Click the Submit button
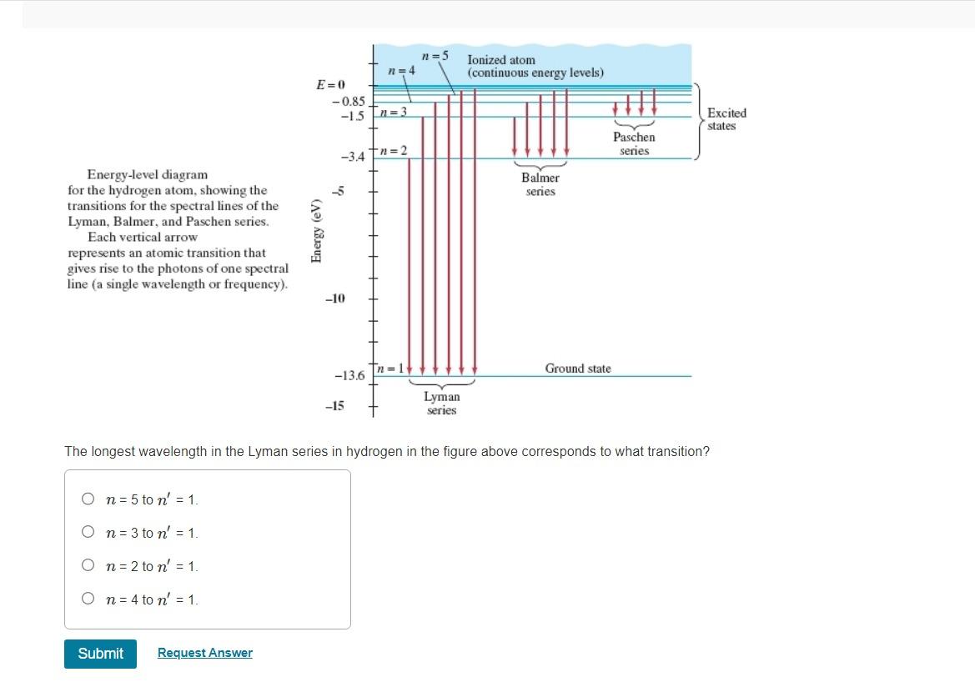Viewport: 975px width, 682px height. (100, 654)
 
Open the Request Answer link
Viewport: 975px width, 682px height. (205, 653)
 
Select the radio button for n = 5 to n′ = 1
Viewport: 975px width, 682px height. (88, 499)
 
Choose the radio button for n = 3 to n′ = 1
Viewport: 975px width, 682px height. (88, 532)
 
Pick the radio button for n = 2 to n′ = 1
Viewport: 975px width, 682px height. (88, 565)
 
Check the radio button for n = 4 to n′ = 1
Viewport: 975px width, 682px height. (88, 599)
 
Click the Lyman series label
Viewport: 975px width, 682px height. (441, 404)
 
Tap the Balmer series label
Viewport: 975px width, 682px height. (540, 184)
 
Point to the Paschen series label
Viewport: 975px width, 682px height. (634, 143)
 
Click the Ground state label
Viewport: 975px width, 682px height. (578, 369)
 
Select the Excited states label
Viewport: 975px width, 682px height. (726, 119)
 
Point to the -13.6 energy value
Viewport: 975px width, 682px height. (349, 376)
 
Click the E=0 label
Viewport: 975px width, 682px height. (330, 85)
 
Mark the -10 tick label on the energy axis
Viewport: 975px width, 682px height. (334, 298)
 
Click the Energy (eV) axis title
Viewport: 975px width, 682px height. (316, 231)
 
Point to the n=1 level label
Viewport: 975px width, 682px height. (390, 369)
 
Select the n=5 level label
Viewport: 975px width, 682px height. (435, 56)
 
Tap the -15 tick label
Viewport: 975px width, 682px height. (334, 406)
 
